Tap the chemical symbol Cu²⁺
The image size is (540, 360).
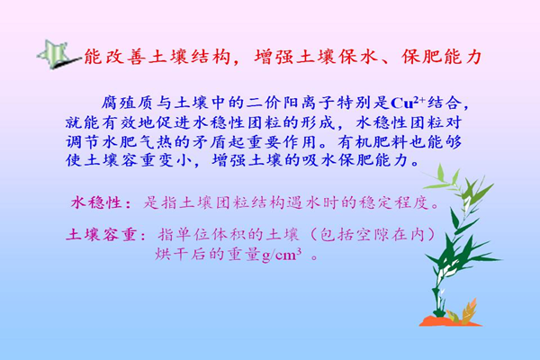pyautogui.click(x=408, y=103)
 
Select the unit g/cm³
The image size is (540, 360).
pyautogui.click(x=282, y=256)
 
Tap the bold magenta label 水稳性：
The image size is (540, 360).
pyautogui.click(x=101, y=202)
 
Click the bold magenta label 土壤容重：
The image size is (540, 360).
pyautogui.click(x=106, y=235)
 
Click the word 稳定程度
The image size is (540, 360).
pyautogui.click(x=395, y=202)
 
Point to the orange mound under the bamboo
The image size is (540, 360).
pyautogui.click(x=450, y=322)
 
